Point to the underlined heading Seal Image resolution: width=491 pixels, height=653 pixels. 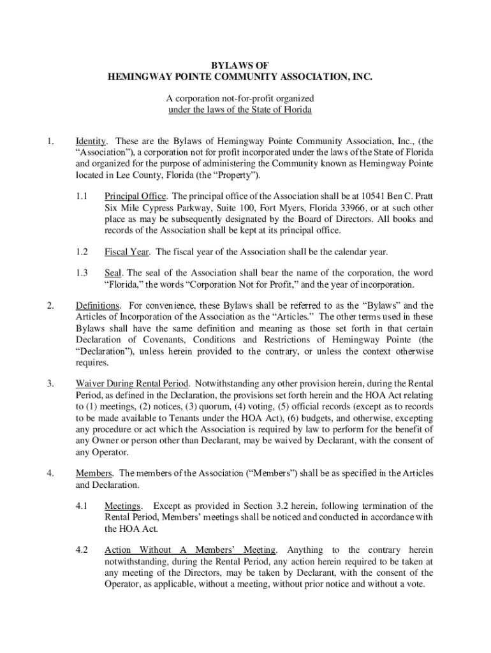113,273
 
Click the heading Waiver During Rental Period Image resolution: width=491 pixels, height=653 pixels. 133,384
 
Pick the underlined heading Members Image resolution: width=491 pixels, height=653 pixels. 94,473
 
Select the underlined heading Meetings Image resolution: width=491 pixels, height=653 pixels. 123,506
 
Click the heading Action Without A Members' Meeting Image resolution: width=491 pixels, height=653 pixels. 191,550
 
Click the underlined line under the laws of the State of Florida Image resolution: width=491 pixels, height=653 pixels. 239,110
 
